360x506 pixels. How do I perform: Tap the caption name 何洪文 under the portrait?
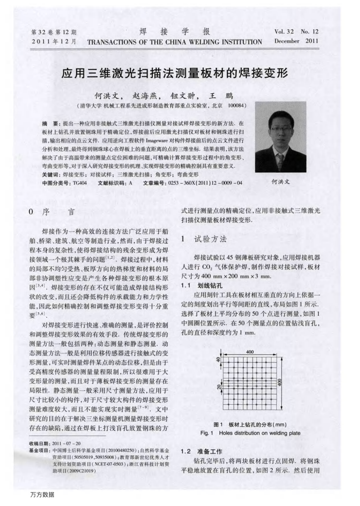[280, 182]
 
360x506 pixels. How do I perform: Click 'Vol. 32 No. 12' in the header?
[297, 31]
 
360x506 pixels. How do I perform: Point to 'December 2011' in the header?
[296, 41]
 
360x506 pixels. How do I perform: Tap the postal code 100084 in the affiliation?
[238, 105]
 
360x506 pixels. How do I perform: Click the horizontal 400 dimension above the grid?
[250, 351]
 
